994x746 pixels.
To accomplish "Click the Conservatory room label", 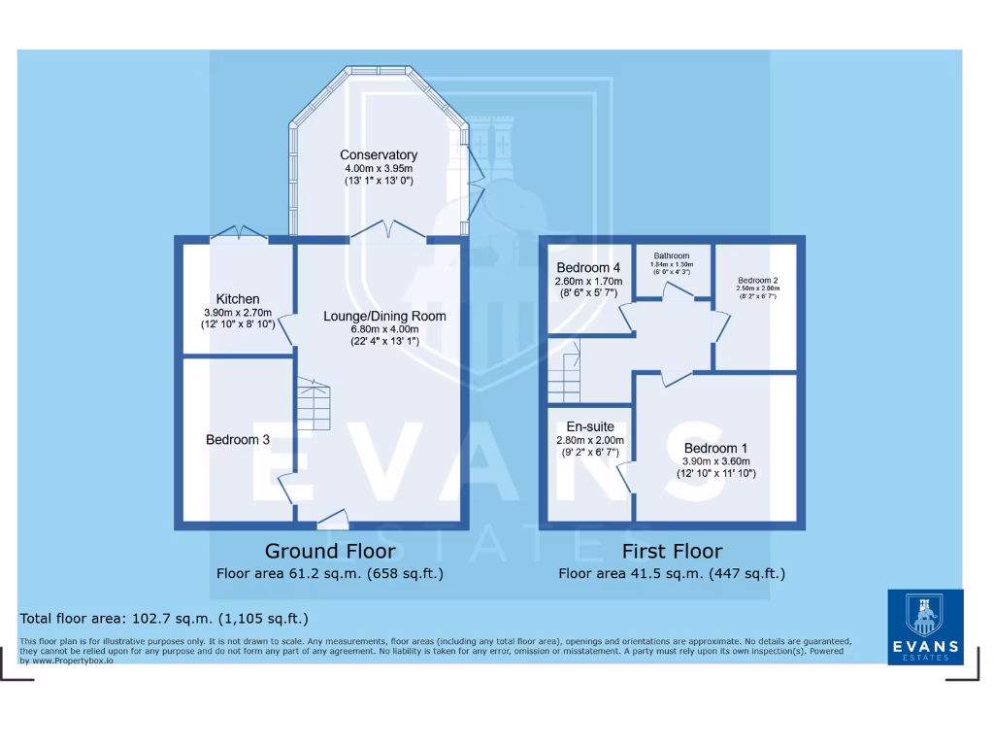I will click(x=379, y=154).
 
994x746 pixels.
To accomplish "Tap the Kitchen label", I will click(x=238, y=299).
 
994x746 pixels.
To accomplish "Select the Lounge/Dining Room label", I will click(x=385, y=316).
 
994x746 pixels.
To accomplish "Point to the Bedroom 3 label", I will click(x=238, y=440).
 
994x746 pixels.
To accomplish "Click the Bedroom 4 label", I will click(x=588, y=268).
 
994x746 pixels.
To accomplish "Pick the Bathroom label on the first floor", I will click(x=672, y=256).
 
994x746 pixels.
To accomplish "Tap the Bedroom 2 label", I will click(x=757, y=280).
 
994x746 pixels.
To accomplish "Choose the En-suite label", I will click(x=590, y=426).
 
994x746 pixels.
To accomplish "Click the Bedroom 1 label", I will click(x=716, y=449).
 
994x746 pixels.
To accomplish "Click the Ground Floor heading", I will click(x=330, y=552).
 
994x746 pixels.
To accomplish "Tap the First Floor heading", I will click(x=672, y=552).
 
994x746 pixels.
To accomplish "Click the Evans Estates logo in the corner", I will click(x=925, y=627).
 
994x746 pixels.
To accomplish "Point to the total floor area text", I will click(x=164, y=618).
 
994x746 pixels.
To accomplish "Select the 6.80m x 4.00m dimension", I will click(x=385, y=329).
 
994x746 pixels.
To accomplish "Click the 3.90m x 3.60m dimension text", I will click(x=716, y=461).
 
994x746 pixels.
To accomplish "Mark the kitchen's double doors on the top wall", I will click(x=239, y=233).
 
